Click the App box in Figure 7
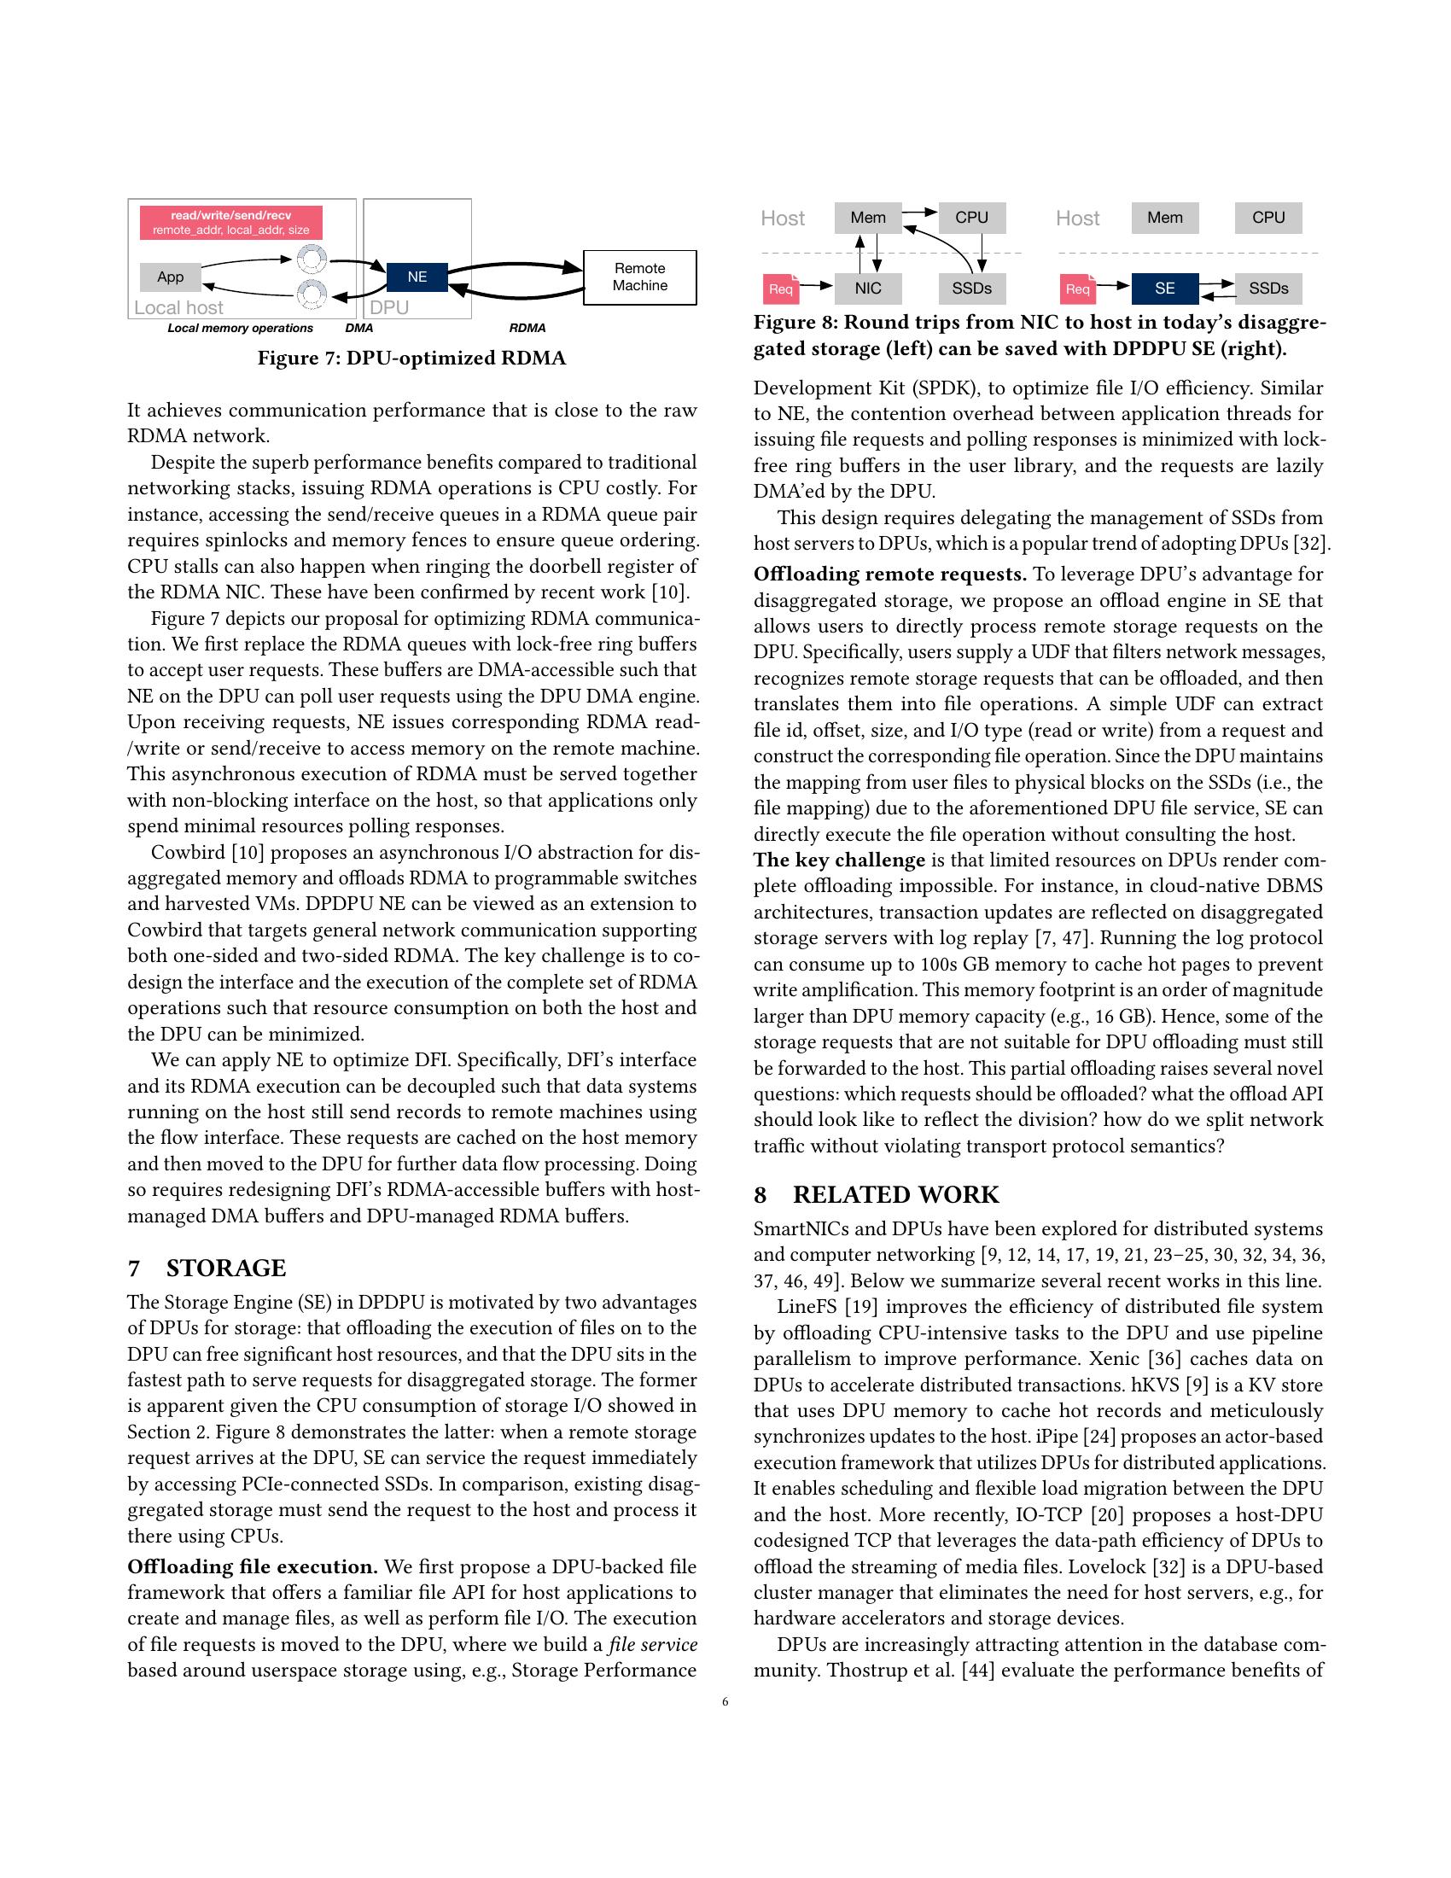170,277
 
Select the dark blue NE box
417,277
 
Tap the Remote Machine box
639,277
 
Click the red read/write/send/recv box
231,222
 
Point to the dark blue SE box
1165,288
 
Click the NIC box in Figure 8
868,288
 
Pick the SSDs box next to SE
1267,288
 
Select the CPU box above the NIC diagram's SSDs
971,218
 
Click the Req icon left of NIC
780,289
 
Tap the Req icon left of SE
1077,289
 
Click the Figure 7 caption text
411,358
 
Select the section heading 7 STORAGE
207,1268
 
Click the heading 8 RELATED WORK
876,1194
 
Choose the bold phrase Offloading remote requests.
889,574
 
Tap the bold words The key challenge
839,860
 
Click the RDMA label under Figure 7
527,328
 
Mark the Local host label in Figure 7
178,307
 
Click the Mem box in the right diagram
1165,218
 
